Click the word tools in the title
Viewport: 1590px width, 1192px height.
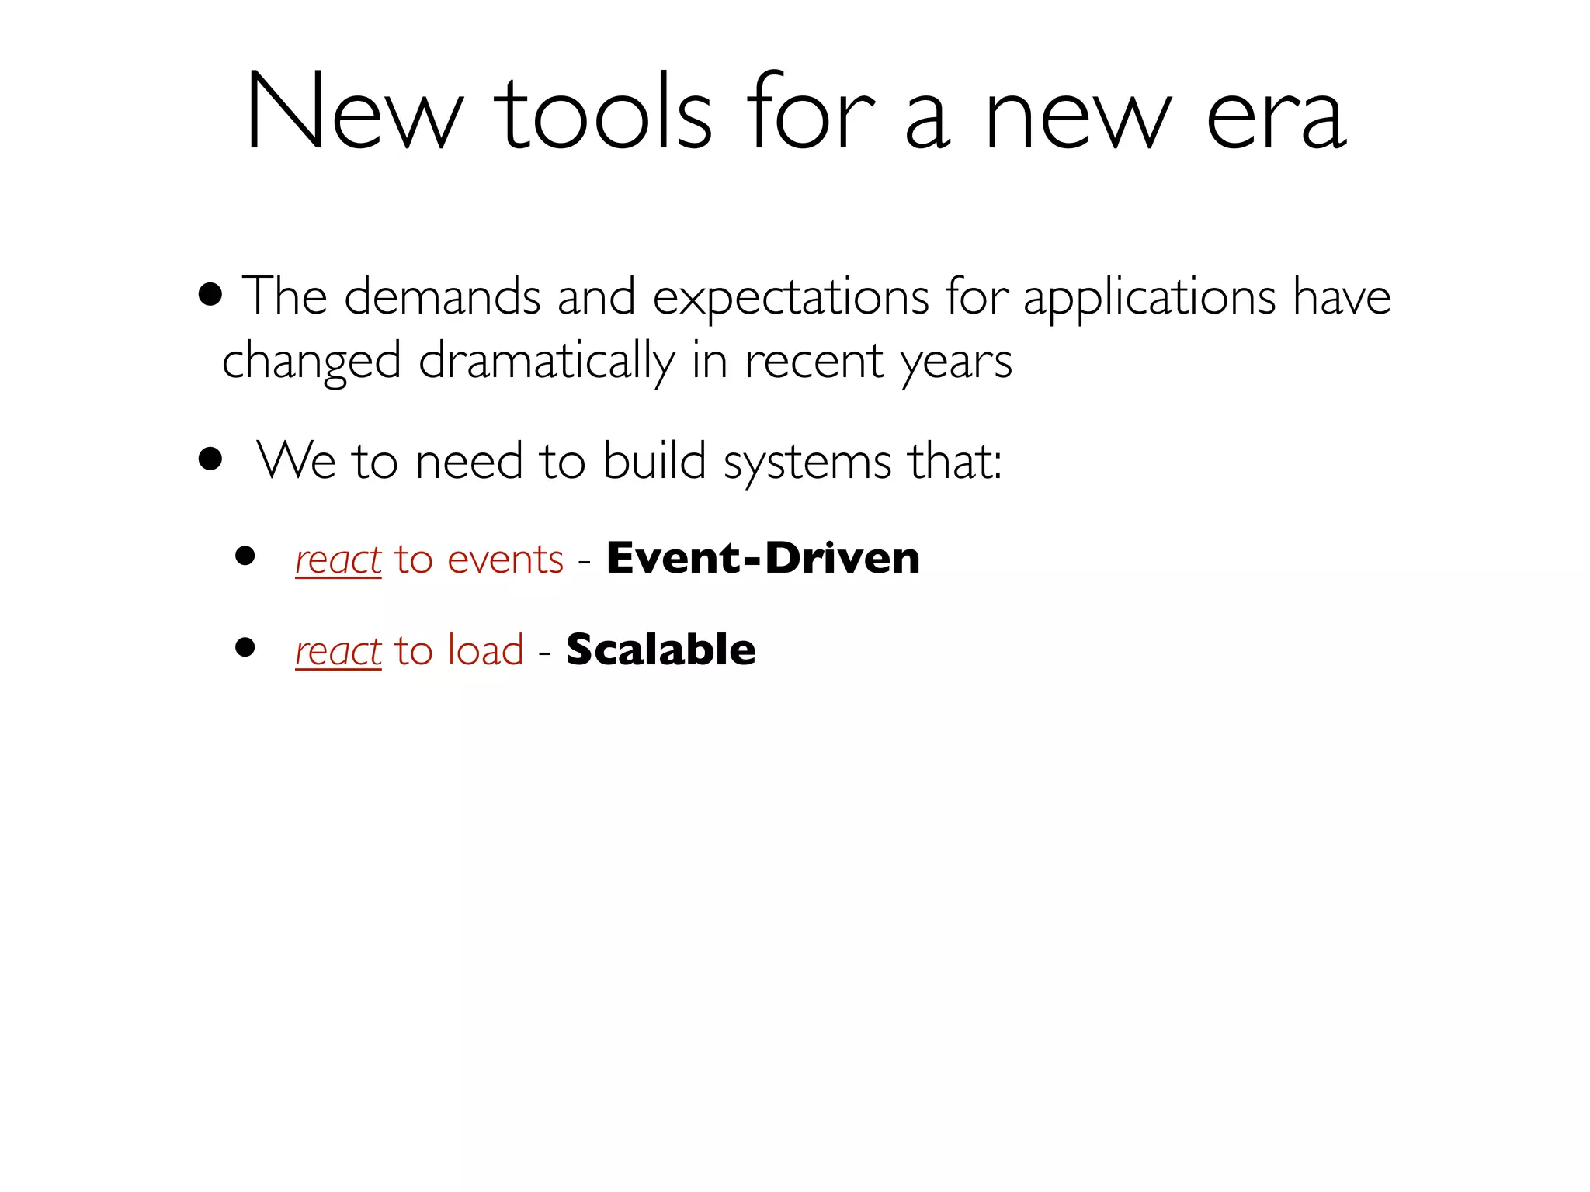click(x=603, y=114)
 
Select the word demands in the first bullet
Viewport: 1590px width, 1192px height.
click(x=442, y=296)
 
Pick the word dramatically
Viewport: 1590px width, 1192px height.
click(x=547, y=362)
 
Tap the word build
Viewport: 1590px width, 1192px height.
click(x=654, y=461)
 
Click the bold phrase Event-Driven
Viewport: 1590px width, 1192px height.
click(x=763, y=558)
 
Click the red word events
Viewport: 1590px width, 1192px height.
click(x=505, y=560)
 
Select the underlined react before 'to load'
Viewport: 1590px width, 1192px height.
click(x=338, y=651)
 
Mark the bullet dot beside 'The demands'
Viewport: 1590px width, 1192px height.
click(x=210, y=295)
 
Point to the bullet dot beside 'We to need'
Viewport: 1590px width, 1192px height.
click(x=210, y=459)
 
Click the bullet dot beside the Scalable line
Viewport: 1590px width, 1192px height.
click(x=245, y=647)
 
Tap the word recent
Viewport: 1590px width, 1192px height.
click(x=814, y=362)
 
